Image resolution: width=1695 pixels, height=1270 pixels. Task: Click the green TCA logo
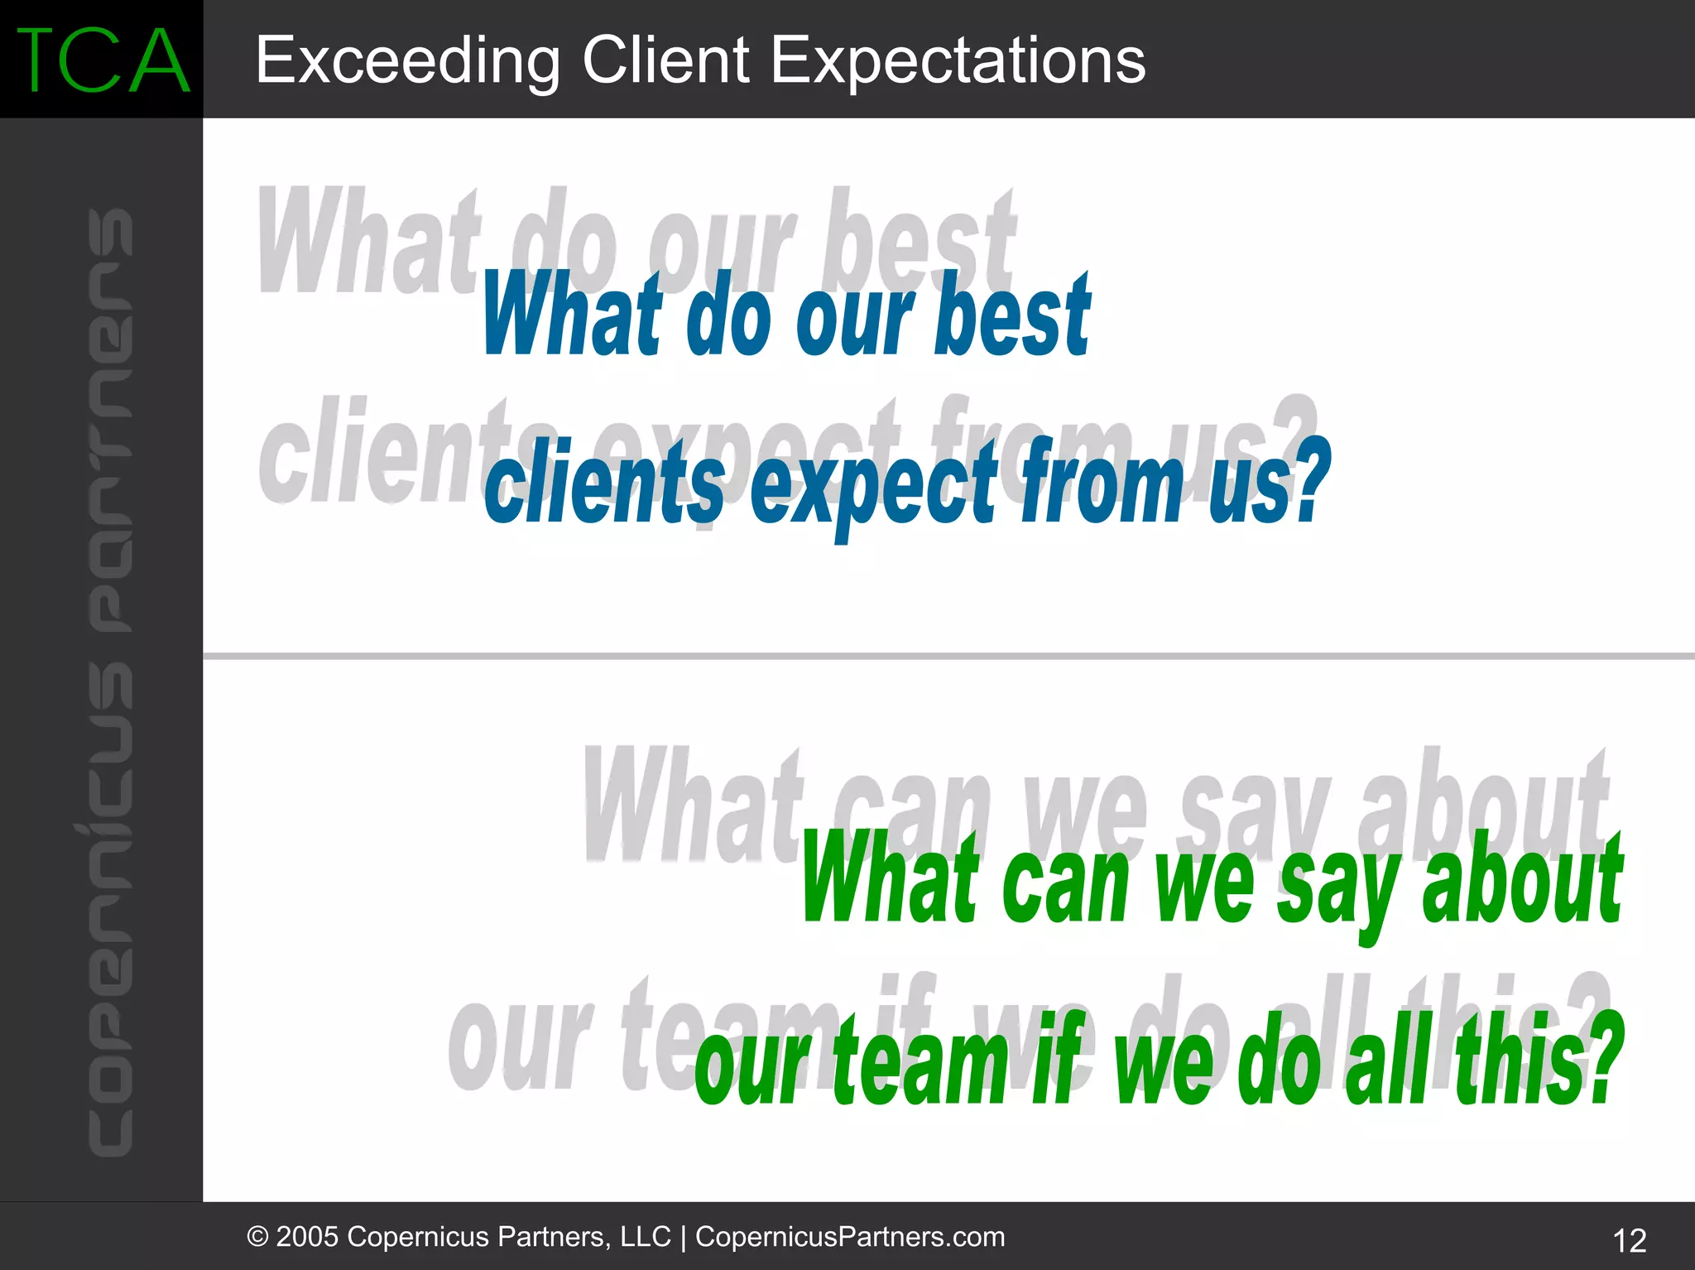(x=102, y=60)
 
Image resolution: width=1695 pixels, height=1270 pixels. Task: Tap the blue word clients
(x=604, y=484)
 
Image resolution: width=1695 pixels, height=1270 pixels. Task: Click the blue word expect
(x=873, y=488)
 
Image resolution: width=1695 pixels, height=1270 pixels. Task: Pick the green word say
(x=1338, y=886)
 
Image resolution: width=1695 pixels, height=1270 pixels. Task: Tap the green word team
(x=920, y=1064)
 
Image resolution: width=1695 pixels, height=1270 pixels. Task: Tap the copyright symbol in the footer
(x=257, y=1237)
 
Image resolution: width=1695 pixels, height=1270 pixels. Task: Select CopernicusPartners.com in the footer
(x=849, y=1237)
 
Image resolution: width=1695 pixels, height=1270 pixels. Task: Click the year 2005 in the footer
(x=307, y=1237)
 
